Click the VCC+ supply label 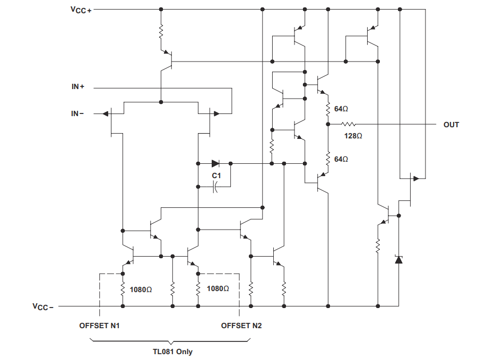81,10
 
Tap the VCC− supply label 43,306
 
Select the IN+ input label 78,86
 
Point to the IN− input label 77,113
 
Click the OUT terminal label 451,125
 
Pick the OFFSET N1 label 99,326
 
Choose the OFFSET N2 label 241,326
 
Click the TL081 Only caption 172,352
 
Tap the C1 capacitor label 216,175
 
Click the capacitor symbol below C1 215,187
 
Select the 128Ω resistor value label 353,136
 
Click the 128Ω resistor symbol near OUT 348,124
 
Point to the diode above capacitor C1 215,163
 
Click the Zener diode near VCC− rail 399,259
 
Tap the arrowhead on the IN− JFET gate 106,113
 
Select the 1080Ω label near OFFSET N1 141,289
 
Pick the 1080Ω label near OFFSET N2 218,289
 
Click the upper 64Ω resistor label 341,109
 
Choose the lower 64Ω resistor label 341,160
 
